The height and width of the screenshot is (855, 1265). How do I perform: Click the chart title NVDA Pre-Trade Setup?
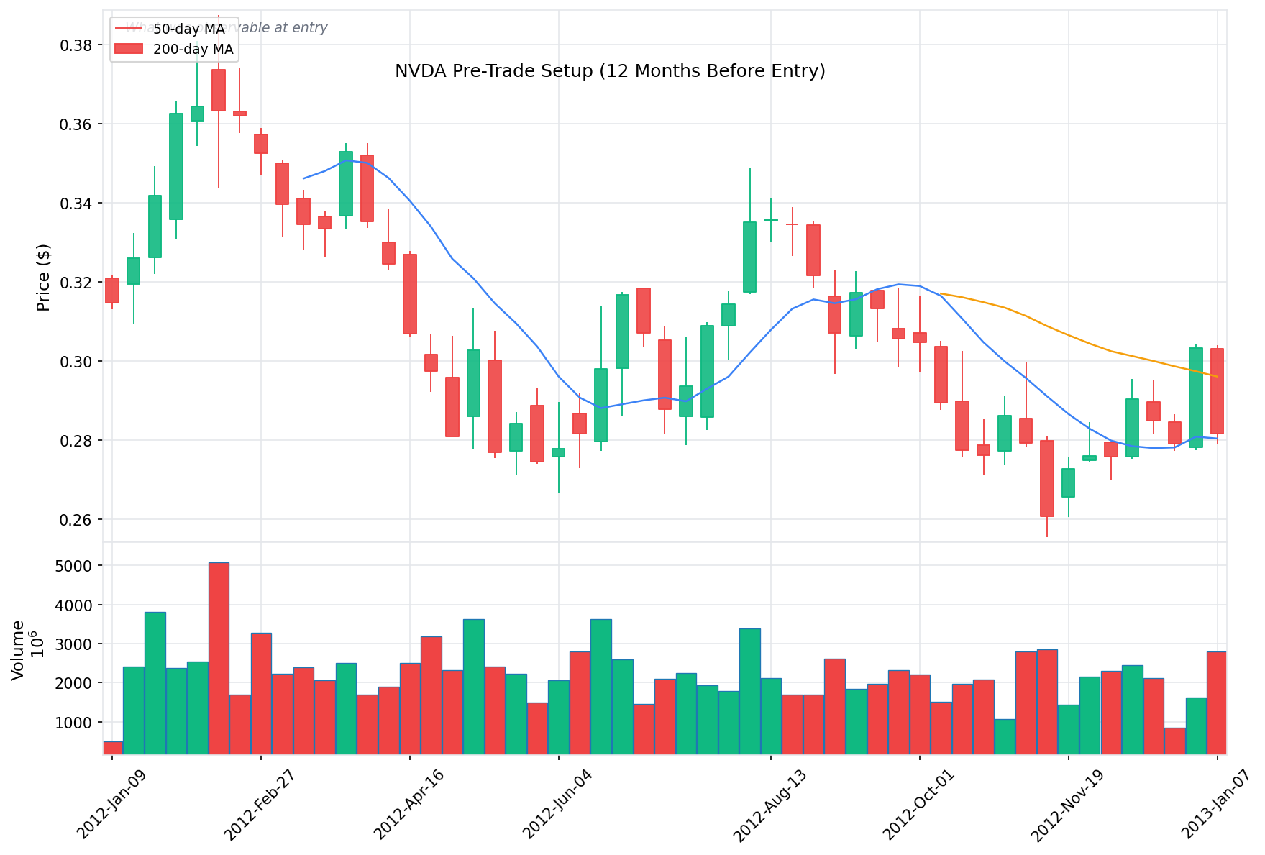(609, 71)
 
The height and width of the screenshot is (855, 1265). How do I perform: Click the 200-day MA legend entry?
(193, 50)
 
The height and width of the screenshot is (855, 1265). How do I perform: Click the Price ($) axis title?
(43, 278)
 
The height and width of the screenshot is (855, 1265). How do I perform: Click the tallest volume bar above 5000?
(219, 658)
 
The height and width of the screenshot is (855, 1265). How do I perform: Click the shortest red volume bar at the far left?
(113, 747)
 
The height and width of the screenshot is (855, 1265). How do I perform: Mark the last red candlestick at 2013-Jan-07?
(1217, 390)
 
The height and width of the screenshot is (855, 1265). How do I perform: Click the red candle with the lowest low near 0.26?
(1047, 478)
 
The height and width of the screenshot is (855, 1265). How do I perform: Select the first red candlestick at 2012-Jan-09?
(112, 290)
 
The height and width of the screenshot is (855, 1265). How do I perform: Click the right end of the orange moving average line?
(1217, 376)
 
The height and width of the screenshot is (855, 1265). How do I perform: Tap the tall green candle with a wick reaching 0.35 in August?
(749, 257)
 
